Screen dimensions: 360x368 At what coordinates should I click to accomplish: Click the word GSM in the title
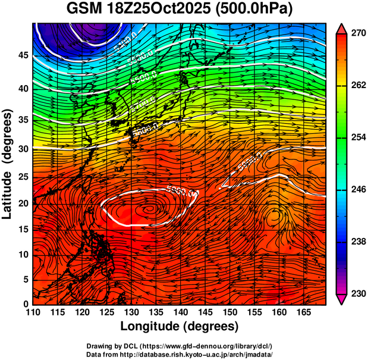85,9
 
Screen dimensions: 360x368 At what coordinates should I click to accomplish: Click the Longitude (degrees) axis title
180,327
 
